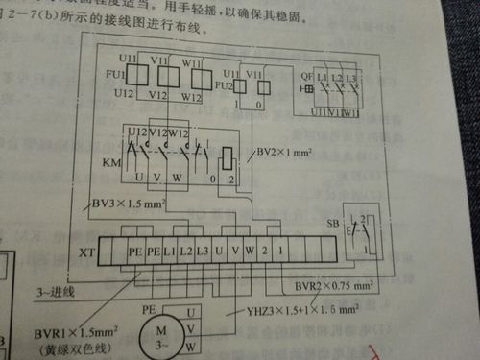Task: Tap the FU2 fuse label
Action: [x=222, y=85]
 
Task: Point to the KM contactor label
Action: [x=110, y=165]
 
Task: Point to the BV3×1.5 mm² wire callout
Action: [x=129, y=203]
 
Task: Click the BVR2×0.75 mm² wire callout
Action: [x=318, y=285]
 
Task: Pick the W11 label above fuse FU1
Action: [x=190, y=60]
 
